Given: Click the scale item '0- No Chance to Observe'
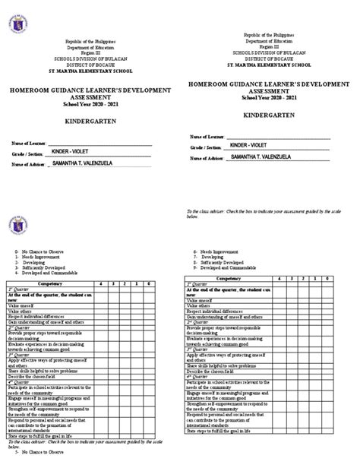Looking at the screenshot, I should (x=38, y=249).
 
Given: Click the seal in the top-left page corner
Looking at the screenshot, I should (x=17, y=19).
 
